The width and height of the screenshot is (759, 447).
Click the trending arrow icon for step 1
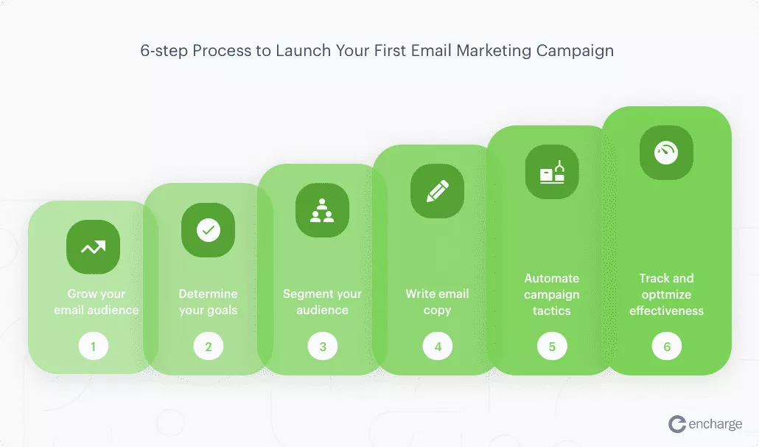(93, 247)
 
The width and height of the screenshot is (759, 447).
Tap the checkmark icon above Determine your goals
(208, 230)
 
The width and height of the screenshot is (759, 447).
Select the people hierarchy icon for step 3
(322, 210)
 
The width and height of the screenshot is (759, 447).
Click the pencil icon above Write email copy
(437, 191)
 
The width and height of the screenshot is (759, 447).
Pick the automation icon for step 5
(552, 172)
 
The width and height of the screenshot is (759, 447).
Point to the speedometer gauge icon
(667, 153)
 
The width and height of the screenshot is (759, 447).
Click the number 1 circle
(94, 346)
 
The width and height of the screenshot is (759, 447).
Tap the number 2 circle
(208, 346)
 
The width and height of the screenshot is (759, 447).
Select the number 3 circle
(322, 346)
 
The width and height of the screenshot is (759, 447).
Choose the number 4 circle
(438, 346)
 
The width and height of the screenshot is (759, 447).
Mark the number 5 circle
(552, 346)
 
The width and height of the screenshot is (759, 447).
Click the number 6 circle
(667, 346)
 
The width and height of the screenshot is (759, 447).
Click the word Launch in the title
(303, 50)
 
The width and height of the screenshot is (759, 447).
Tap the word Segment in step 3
(302, 294)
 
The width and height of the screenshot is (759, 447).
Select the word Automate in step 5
(552, 279)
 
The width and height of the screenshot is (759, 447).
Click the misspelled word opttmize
(667, 295)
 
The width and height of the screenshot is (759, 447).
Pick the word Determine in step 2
(208, 294)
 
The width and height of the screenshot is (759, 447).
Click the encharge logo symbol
(677, 424)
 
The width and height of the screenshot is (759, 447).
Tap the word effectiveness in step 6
(667, 311)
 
